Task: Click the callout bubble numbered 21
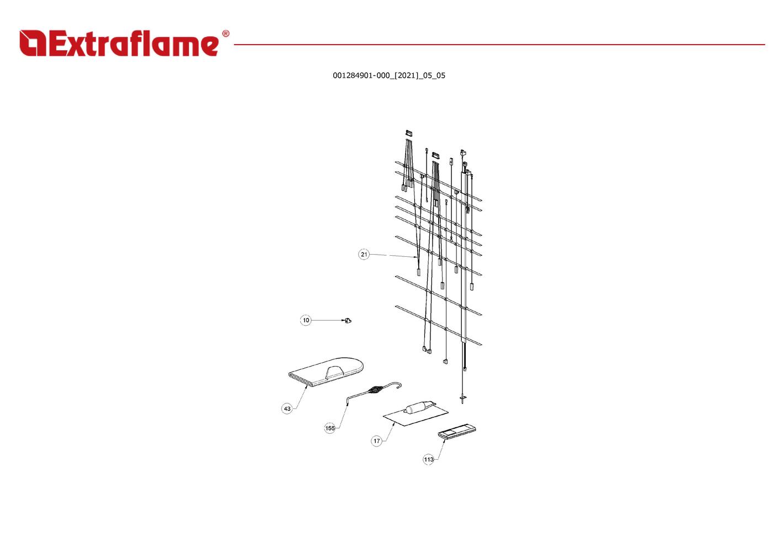click(364, 254)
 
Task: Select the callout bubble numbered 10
click(306, 320)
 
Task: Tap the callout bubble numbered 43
click(287, 408)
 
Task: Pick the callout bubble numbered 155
click(330, 428)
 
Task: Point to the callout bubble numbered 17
click(376, 441)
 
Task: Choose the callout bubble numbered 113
click(429, 460)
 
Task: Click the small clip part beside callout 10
click(348, 320)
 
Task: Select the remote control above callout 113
click(457, 432)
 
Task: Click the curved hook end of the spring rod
click(398, 385)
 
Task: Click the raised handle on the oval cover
click(334, 372)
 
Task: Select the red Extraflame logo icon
click(33, 43)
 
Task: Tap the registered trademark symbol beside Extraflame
click(226, 34)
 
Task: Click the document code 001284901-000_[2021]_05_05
click(389, 76)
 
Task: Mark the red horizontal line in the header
click(499, 45)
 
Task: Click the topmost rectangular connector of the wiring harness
click(409, 133)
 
